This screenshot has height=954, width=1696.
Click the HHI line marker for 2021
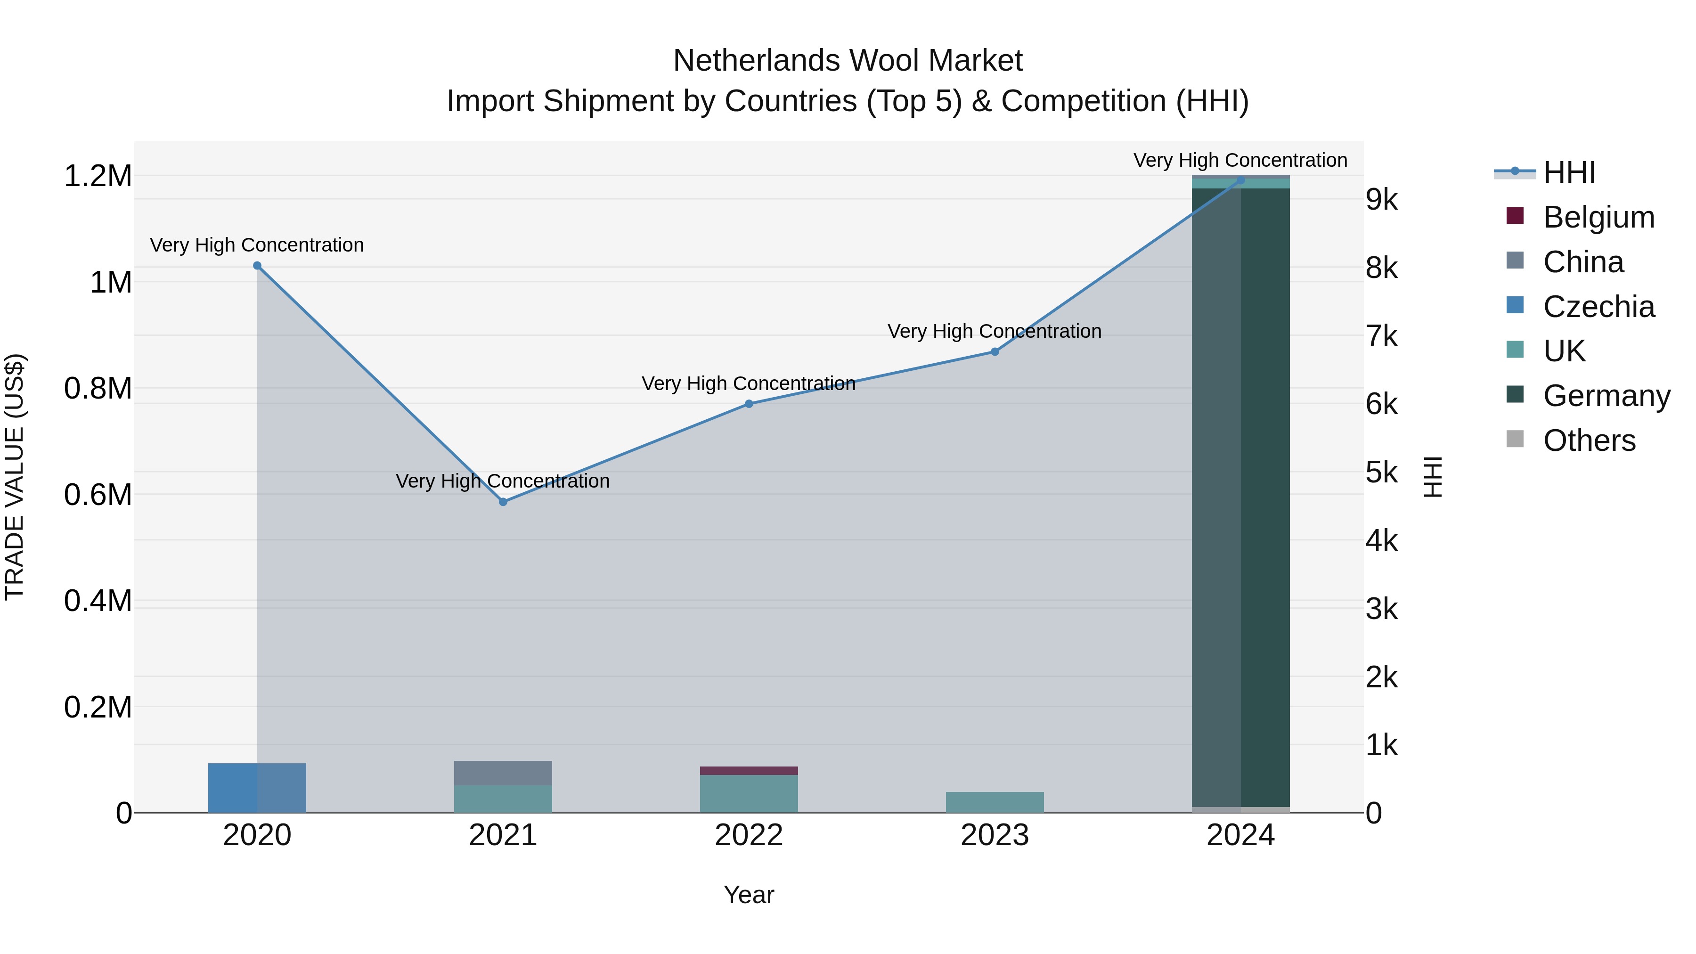point(503,502)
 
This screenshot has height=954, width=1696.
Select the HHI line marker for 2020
point(257,266)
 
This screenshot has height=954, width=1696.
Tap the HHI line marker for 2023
point(995,351)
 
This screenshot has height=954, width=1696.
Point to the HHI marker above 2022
point(749,404)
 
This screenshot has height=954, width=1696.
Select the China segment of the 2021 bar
point(503,773)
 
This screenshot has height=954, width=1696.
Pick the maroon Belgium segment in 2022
point(749,770)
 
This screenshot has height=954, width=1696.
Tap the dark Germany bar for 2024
point(1240,494)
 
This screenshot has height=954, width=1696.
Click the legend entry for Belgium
point(1598,217)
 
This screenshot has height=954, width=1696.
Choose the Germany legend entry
point(1606,396)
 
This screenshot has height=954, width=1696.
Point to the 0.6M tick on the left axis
point(98,495)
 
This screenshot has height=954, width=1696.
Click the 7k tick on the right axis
point(1381,336)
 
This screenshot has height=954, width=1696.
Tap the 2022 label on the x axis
point(749,835)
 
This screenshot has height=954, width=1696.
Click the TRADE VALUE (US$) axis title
point(15,477)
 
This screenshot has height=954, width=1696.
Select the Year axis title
point(749,895)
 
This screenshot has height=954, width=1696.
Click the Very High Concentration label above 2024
point(1240,160)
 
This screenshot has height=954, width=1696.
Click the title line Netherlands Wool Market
point(848,61)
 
